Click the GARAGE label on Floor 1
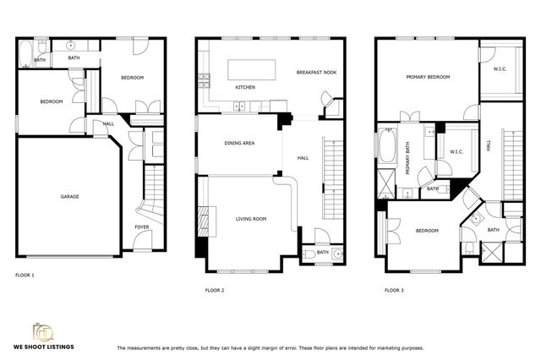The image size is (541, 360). [69, 197]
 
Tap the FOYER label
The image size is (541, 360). [142, 227]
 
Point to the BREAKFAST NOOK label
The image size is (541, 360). [316, 73]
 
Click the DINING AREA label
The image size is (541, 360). [239, 143]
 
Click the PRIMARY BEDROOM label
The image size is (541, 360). [427, 77]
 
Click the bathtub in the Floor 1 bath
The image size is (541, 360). [25, 55]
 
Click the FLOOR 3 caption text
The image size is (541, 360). [394, 290]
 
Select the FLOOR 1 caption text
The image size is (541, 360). [25, 275]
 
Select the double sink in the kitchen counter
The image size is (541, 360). [240, 106]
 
